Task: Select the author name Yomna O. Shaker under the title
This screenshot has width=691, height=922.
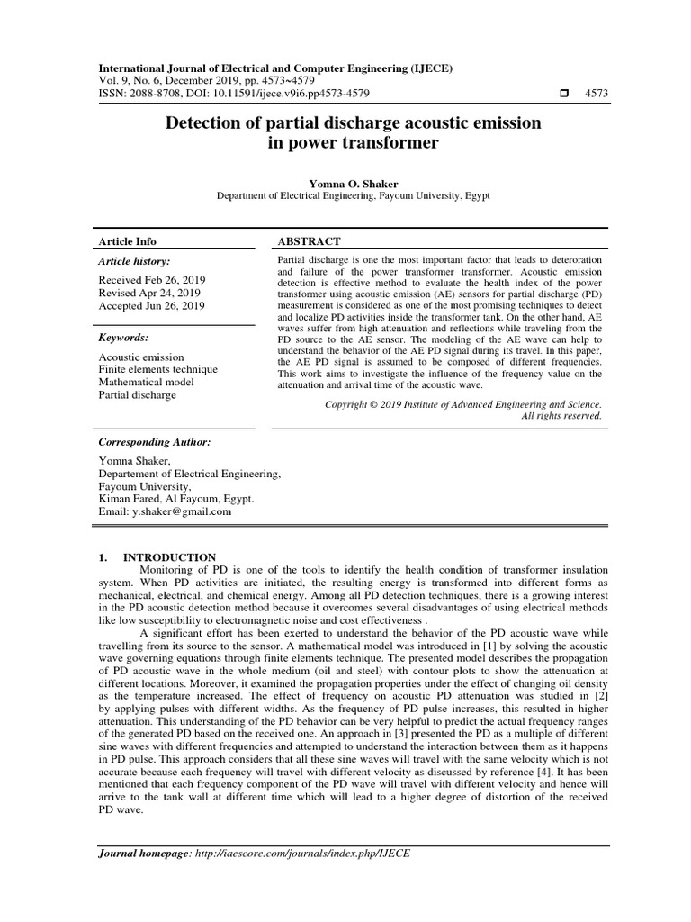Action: tap(354, 183)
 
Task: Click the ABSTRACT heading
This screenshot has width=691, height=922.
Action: tap(310, 241)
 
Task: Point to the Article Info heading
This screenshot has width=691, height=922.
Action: tap(127, 241)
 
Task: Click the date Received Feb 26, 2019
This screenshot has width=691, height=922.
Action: tap(151, 280)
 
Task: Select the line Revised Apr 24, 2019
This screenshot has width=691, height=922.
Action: tap(149, 293)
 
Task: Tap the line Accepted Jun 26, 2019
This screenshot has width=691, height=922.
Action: tap(151, 306)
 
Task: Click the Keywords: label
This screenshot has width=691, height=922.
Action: tap(123, 338)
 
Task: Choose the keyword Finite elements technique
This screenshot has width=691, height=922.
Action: tap(157, 369)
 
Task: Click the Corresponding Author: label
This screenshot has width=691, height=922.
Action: tap(154, 443)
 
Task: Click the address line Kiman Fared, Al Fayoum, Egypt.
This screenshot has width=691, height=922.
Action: tap(176, 498)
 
